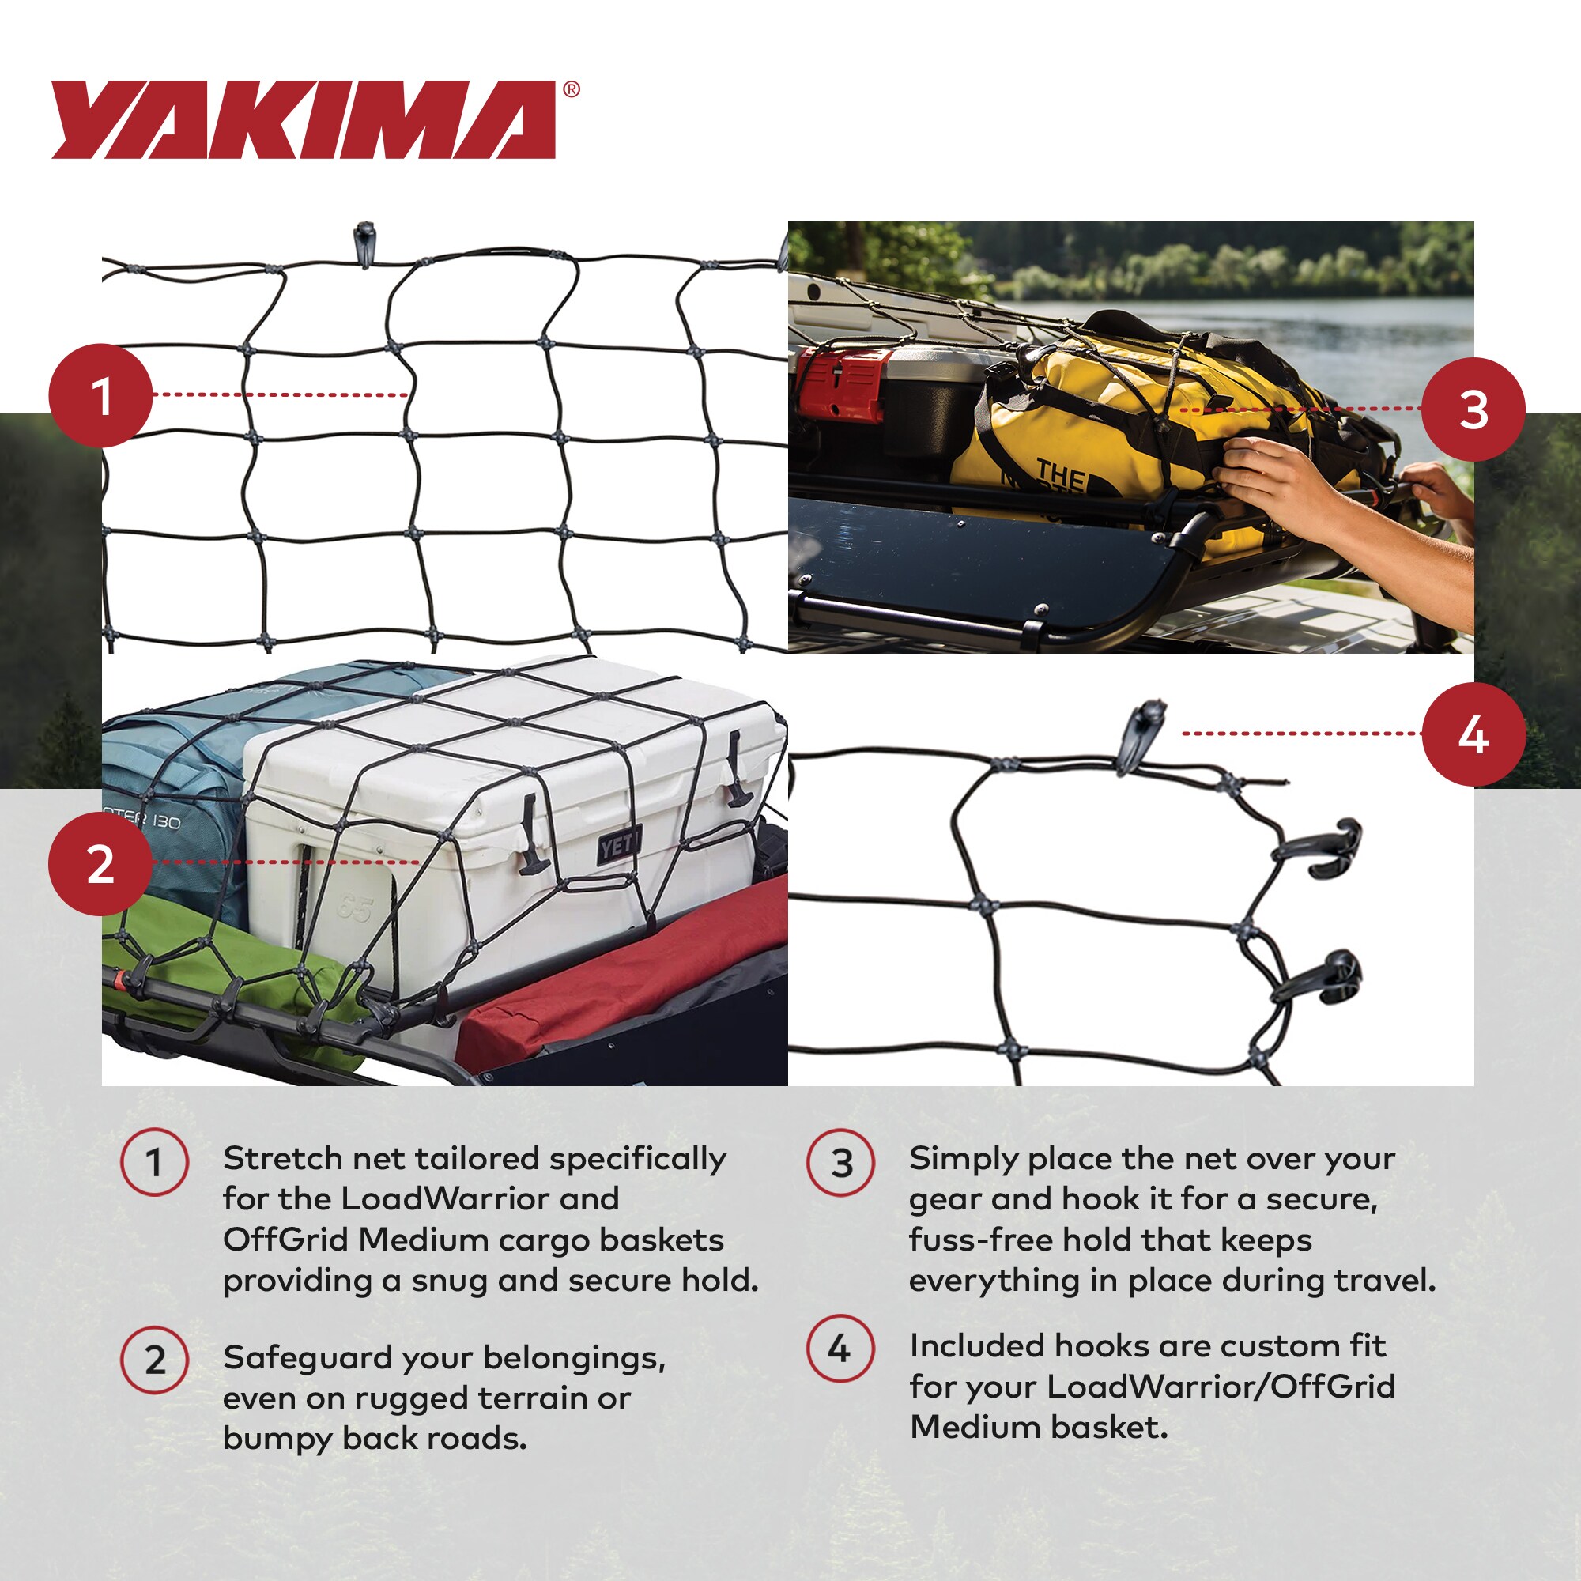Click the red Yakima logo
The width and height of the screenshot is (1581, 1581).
click(303, 119)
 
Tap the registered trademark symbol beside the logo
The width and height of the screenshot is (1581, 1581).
click(572, 89)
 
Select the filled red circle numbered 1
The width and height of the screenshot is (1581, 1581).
click(100, 395)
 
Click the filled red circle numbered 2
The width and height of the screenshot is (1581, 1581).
click(100, 863)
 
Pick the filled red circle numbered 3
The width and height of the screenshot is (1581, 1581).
click(1473, 409)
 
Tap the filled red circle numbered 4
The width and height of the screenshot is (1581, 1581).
click(1473, 734)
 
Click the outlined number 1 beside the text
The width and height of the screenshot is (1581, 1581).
click(154, 1162)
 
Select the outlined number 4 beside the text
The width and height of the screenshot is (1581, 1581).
click(840, 1348)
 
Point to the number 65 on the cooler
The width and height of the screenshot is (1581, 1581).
click(354, 908)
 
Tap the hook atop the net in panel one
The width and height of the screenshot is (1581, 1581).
click(364, 243)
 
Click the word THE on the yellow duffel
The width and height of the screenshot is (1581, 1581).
click(1061, 472)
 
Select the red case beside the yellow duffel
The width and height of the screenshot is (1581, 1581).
click(839, 382)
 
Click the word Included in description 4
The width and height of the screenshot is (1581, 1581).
click(975, 1346)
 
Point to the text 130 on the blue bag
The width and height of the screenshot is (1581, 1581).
click(166, 821)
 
